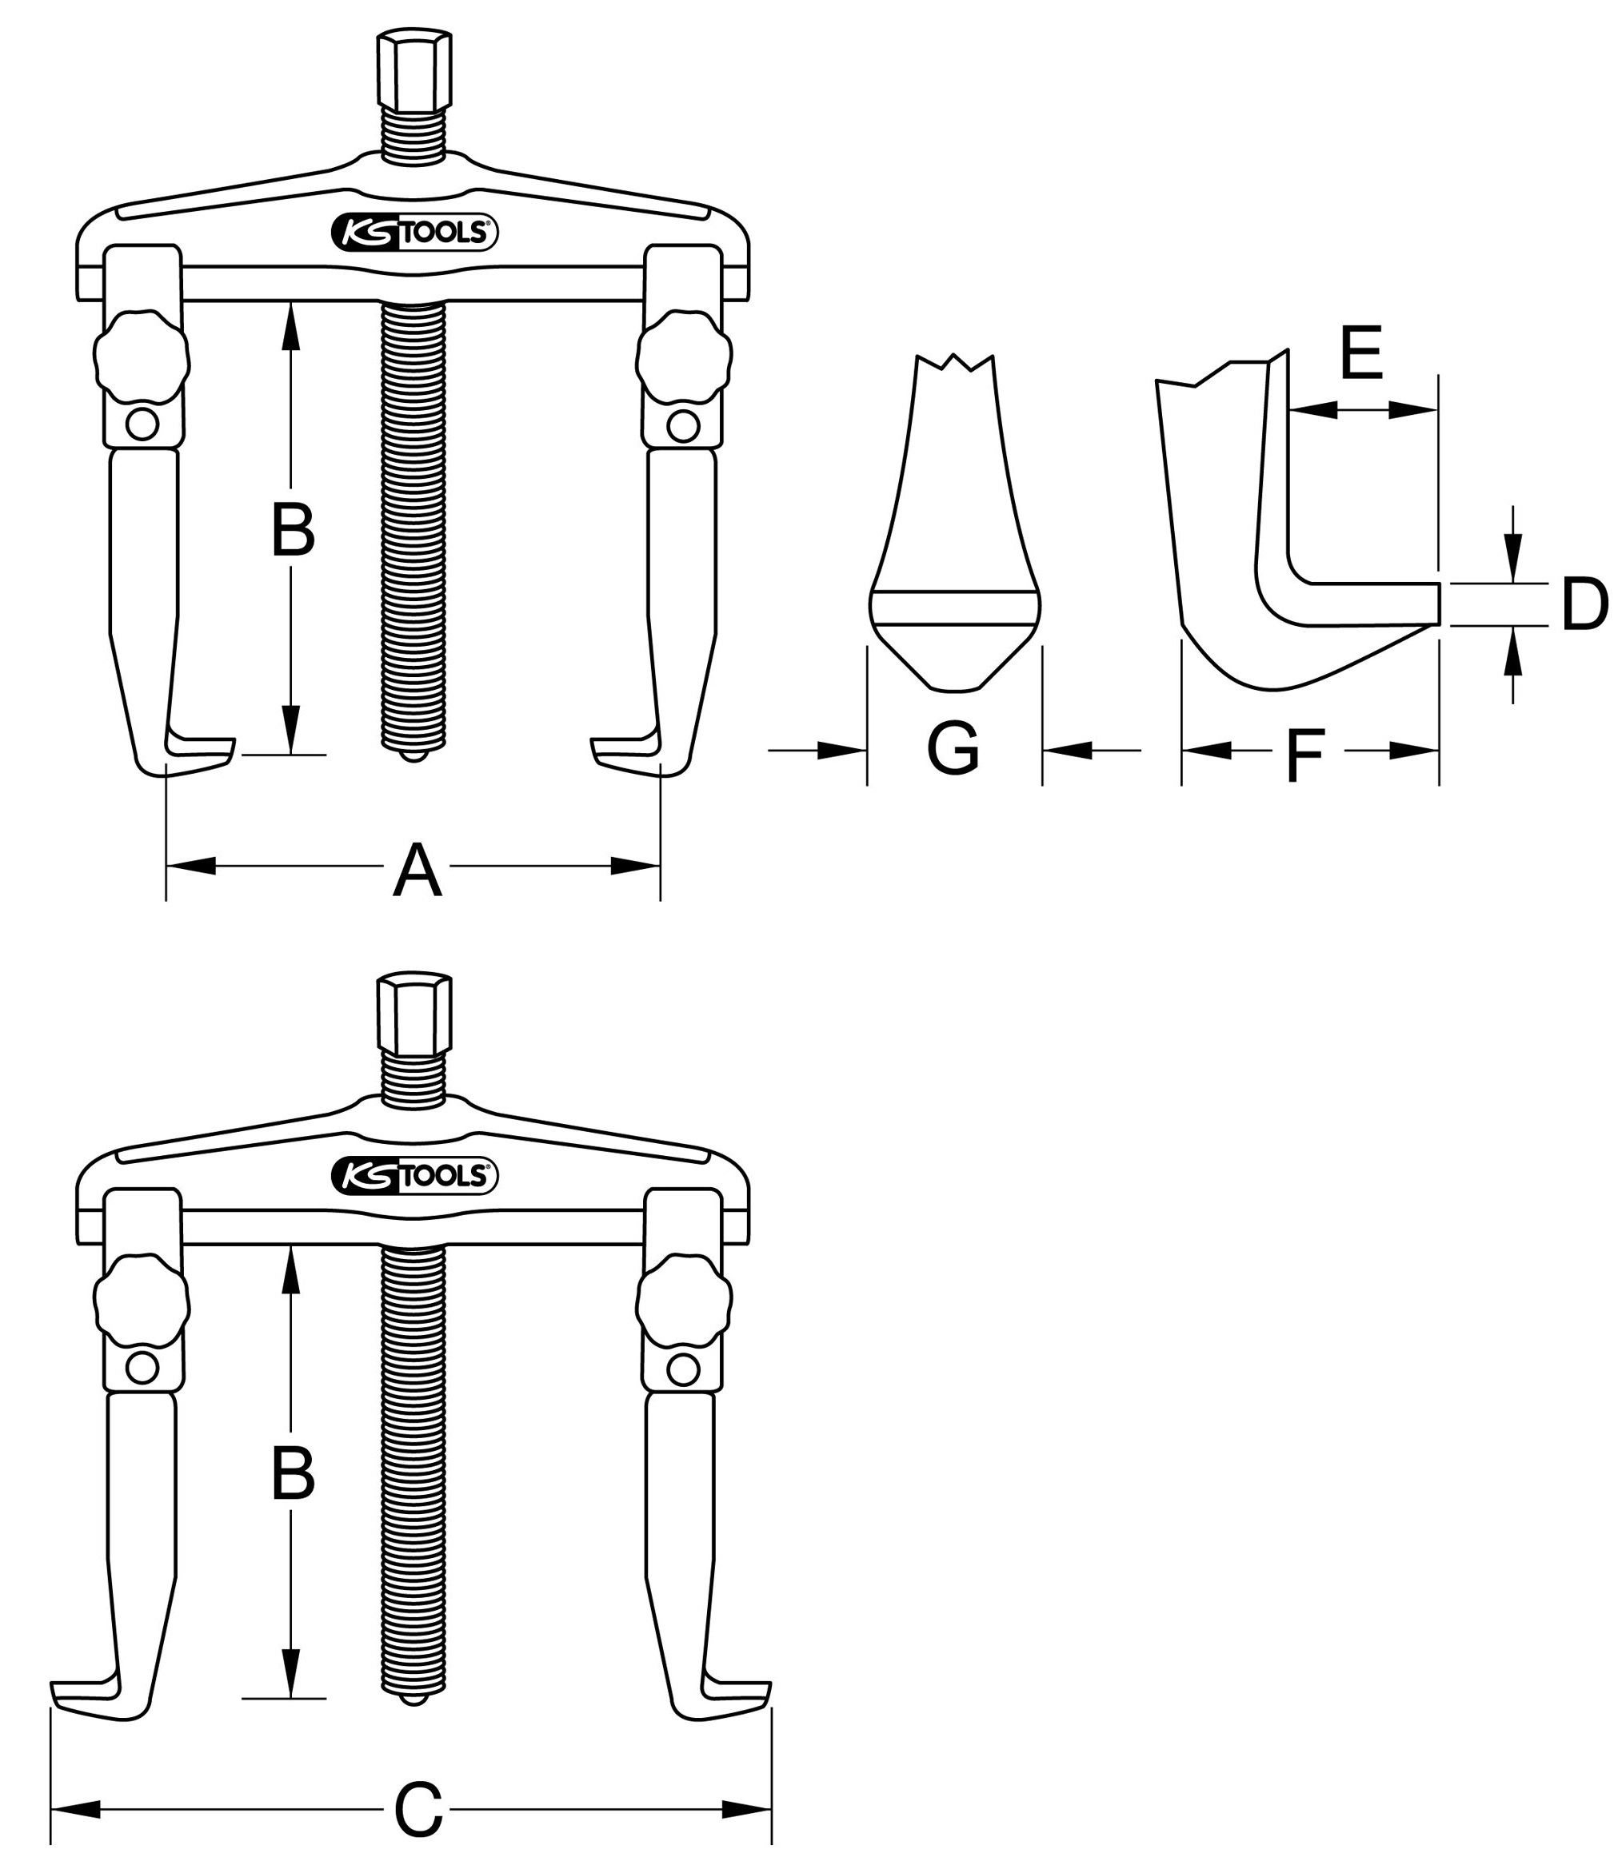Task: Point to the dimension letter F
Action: click(1305, 755)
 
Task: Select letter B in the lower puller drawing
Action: click(293, 1475)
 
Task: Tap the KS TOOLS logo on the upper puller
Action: click(414, 233)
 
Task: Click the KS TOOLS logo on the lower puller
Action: click(414, 1176)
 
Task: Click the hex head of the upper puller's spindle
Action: click(414, 72)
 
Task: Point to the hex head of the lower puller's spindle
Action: click(414, 1014)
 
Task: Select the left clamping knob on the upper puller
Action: click(142, 357)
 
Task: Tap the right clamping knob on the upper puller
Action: click(684, 357)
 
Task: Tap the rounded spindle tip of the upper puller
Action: click(414, 757)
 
